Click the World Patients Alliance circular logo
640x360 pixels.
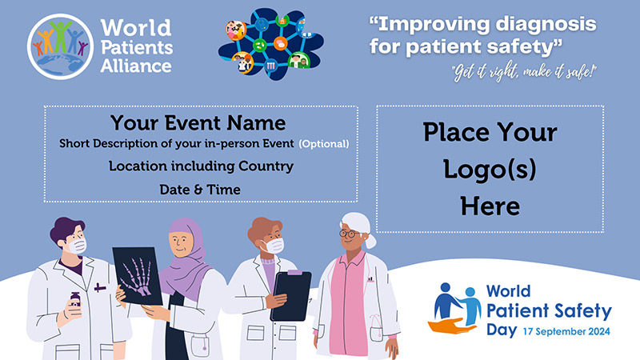pyautogui.click(x=61, y=46)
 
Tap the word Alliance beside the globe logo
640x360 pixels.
pyautogui.click(x=136, y=66)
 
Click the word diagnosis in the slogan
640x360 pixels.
pyautogui.click(x=546, y=25)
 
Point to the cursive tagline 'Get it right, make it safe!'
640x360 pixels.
pyautogui.click(x=524, y=73)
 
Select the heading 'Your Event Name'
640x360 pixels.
pyautogui.click(x=198, y=122)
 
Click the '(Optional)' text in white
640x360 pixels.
pyautogui.click(x=324, y=144)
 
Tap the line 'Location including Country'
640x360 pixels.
pyautogui.click(x=201, y=166)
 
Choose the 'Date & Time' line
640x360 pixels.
pyautogui.click(x=200, y=190)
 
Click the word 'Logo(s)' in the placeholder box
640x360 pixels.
pyautogui.click(x=490, y=170)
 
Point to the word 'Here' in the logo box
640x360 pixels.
pyautogui.click(x=490, y=206)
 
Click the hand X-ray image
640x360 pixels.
pyautogui.click(x=137, y=276)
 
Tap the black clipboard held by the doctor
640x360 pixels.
pyautogui.click(x=291, y=295)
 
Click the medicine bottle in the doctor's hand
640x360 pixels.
pyautogui.click(x=75, y=299)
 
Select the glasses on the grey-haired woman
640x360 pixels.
pyautogui.click(x=350, y=234)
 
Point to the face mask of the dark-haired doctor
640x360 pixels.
pyautogui.click(x=76, y=246)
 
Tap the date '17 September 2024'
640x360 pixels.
pyautogui.click(x=566, y=331)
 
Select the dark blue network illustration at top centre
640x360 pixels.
pyautogui.click(x=271, y=43)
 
